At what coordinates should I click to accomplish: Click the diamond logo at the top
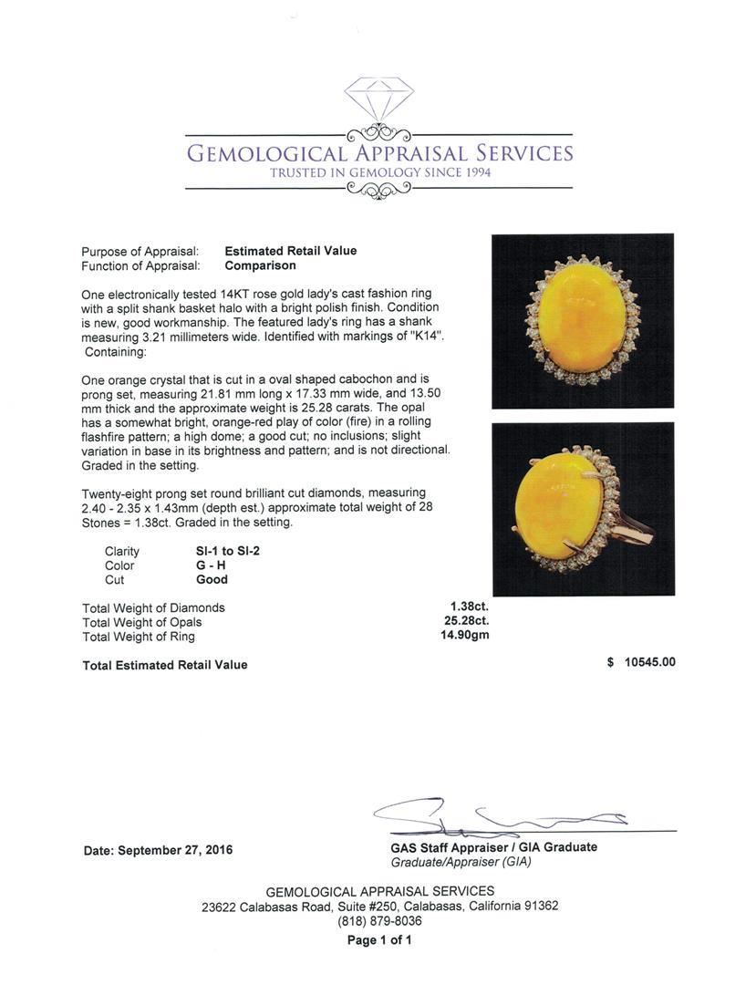[x=379, y=98]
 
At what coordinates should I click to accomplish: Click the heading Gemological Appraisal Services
[x=379, y=152]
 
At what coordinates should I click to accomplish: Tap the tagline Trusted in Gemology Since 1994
[x=379, y=172]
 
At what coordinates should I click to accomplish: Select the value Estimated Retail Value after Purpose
[x=290, y=251]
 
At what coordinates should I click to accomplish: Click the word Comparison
[x=260, y=265]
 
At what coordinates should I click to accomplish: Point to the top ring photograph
[x=583, y=320]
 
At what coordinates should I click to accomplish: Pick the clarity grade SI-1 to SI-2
[x=222, y=551]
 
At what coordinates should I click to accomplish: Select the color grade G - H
[x=211, y=565]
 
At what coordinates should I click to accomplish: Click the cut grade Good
[x=212, y=579]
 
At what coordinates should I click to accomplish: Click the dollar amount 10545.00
[x=649, y=663]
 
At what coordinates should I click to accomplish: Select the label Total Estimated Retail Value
[x=165, y=665]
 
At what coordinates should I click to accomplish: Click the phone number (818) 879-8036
[x=379, y=921]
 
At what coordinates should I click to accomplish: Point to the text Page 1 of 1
[x=379, y=940]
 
